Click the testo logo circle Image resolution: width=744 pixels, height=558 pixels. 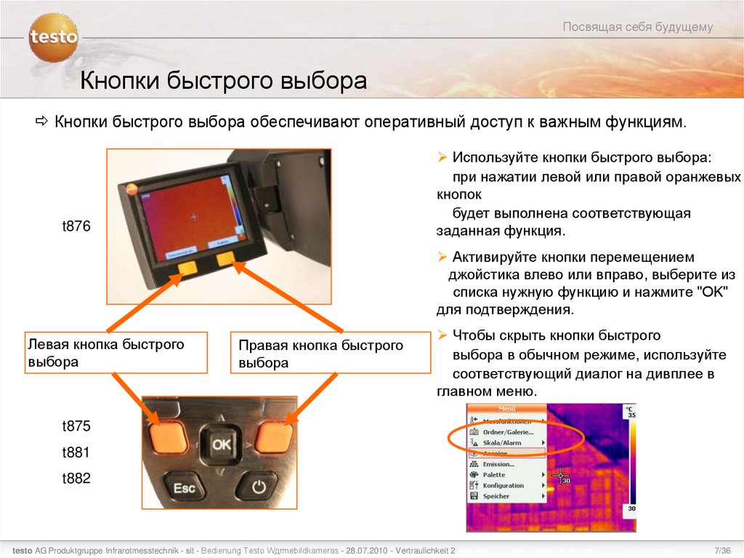[53, 37]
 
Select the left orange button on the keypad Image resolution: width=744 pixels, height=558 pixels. [168, 437]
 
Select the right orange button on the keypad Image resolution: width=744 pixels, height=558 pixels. [274, 437]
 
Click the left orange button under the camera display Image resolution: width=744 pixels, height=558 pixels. [189, 268]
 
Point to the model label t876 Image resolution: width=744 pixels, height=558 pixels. [76, 227]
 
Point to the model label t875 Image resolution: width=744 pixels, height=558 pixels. [76, 426]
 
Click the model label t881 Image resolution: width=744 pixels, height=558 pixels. [76, 453]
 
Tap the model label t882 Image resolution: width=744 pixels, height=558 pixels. [76, 479]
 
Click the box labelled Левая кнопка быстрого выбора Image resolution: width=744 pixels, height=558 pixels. [116, 353]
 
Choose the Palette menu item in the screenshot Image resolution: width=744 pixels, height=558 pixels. [494, 474]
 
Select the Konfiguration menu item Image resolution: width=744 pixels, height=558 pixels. [503, 485]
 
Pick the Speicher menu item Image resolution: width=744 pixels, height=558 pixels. [496, 496]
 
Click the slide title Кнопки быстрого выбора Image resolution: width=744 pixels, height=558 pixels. [223, 81]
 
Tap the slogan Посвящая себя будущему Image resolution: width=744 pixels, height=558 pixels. [637, 28]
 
